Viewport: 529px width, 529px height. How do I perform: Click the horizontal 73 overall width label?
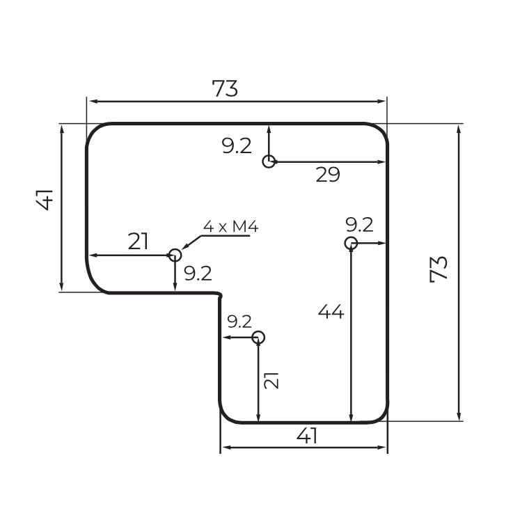click(x=225, y=89)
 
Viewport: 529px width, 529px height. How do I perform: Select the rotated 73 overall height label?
click(x=439, y=269)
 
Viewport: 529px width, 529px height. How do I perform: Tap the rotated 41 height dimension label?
click(x=45, y=199)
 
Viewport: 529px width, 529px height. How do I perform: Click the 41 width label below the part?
click(x=307, y=436)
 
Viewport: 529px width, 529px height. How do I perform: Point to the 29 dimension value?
click(x=328, y=175)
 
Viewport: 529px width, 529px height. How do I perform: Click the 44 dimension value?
click(x=331, y=313)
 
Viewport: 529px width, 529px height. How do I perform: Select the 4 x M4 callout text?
click(x=230, y=226)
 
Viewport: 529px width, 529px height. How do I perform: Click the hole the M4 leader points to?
click(x=175, y=255)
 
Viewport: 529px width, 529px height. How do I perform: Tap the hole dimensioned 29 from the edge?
click(x=269, y=161)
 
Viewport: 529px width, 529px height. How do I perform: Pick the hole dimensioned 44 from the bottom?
click(x=351, y=243)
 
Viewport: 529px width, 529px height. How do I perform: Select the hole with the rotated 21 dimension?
click(x=258, y=338)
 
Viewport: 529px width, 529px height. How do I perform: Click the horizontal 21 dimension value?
click(x=139, y=242)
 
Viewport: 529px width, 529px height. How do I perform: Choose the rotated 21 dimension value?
click(x=272, y=380)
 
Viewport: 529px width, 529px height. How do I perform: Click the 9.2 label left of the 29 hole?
click(x=237, y=146)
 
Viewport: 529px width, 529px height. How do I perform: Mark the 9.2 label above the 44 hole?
click(x=359, y=225)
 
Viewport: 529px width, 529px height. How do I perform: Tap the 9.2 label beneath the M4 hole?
click(x=198, y=274)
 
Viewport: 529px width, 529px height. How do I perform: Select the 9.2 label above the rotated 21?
click(x=239, y=322)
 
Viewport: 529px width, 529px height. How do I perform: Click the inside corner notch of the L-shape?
click(x=220, y=295)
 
